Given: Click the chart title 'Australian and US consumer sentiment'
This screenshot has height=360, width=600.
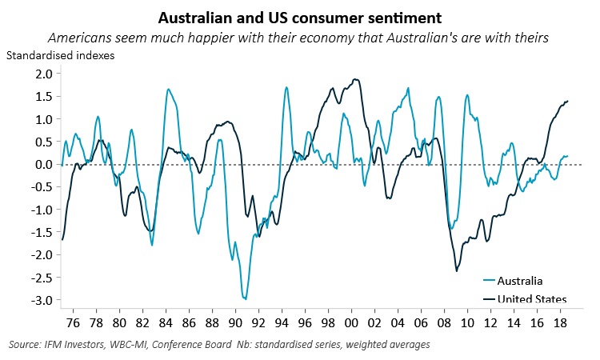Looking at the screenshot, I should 300,17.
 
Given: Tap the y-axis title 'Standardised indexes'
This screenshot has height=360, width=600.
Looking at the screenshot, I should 60,56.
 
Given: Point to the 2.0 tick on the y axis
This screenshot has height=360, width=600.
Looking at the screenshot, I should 42,74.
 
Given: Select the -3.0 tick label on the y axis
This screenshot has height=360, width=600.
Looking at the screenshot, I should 40,301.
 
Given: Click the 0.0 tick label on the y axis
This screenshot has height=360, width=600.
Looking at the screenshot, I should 42,165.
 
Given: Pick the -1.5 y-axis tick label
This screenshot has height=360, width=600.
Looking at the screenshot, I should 40,233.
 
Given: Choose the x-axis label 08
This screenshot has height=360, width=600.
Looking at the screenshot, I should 442,325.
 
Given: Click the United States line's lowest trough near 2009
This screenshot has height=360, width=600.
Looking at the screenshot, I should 457,271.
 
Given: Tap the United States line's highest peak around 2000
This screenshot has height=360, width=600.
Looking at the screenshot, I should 354,79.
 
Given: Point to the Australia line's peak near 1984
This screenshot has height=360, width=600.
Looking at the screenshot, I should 168,89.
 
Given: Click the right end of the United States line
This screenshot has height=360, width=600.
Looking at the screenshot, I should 568,101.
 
